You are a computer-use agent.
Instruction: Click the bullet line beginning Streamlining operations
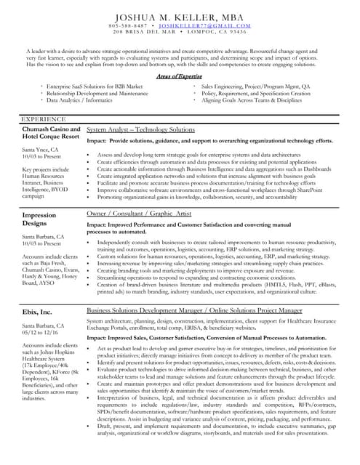pyautogui.click(x=196, y=278)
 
